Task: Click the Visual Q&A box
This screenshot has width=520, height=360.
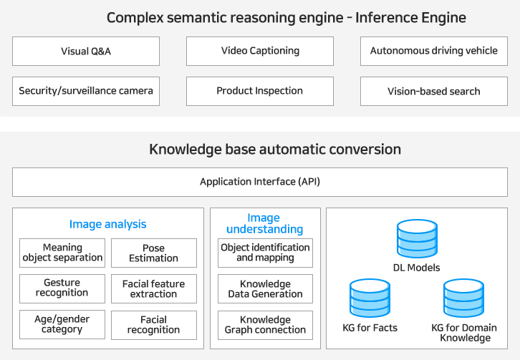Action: tap(86, 51)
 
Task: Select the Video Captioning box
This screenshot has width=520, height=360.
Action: tap(260, 51)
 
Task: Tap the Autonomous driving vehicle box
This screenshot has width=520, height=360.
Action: tap(434, 51)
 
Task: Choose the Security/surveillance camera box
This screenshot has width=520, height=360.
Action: tap(86, 91)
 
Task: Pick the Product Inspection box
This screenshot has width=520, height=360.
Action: tap(260, 91)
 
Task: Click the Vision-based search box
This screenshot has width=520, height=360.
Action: tap(434, 91)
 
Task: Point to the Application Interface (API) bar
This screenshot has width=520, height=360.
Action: tap(260, 182)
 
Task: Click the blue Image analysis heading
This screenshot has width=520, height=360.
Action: tap(107, 225)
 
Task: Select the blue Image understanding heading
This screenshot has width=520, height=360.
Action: tap(264, 223)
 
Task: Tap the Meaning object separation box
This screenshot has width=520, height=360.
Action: tap(62, 253)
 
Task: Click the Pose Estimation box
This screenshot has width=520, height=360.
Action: tap(154, 253)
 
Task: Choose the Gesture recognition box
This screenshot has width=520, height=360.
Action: tap(62, 288)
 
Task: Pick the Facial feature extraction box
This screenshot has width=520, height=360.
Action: tap(154, 288)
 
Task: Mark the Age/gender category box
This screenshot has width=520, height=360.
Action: tap(62, 324)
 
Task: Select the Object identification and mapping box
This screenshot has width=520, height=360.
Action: tap(265, 253)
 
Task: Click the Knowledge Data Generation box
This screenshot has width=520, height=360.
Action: tap(265, 288)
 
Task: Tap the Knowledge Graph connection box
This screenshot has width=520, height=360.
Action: tap(265, 325)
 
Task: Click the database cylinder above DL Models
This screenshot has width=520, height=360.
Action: tap(417, 238)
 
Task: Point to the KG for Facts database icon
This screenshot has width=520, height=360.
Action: tap(370, 298)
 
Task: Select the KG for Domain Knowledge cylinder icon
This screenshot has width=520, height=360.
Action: tap(463, 298)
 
